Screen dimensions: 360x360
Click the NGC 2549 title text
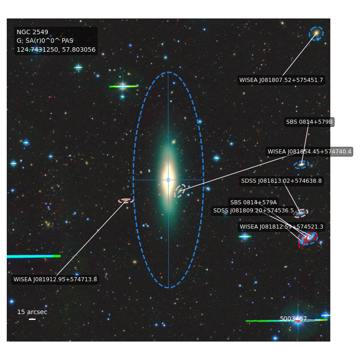click(x=32, y=32)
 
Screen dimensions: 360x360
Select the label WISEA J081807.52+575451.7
click(x=281, y=80)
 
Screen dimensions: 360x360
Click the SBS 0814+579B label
click(x=309, y=122)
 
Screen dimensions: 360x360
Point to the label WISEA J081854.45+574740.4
click(x=309, y=152)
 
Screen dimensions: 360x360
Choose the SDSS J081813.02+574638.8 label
click(x=281, y=181)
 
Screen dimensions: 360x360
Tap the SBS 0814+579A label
click(x=253, y=202)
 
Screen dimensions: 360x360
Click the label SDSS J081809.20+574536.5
click(x=253, y=211)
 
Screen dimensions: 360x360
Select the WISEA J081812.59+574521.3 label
click(x=282, y=227)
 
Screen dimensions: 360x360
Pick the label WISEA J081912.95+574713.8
click(x=55, y=279)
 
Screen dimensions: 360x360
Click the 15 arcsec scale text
click(x=32, y=312)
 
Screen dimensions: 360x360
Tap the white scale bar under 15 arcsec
click(x=32, y=319)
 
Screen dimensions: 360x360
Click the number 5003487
click(x=293, y=319)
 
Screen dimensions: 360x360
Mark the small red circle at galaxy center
click(x=168, y=180)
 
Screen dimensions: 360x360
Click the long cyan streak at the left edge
click(x=33, y=256)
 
